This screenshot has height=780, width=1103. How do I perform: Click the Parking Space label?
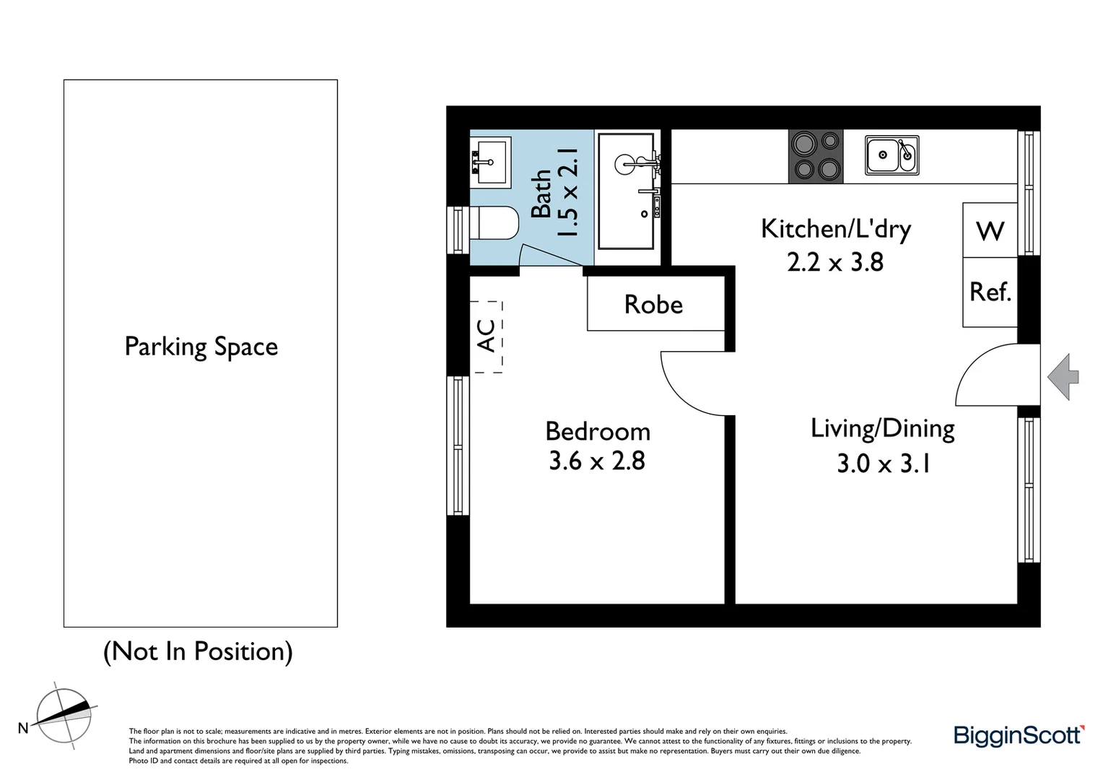click(201, 347)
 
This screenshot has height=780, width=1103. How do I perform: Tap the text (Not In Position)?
click(199, 651)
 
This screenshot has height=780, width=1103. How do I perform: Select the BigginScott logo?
click(1019, 735)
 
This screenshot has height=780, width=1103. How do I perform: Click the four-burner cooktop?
click(816, 156)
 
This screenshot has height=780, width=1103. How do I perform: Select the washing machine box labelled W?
click(990, 230)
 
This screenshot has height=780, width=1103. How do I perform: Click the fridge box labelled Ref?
click(990, 292)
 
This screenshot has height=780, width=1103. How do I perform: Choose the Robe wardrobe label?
click(654, 304)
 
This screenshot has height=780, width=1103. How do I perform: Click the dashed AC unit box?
click(489, 337)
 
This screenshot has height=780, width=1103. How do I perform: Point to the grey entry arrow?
click(1063, 376)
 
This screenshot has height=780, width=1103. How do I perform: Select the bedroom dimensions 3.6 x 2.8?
click(597, 461)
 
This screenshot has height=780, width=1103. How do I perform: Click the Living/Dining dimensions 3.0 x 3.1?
click(883, 463)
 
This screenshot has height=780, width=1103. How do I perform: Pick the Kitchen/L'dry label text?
click(836, 229)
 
